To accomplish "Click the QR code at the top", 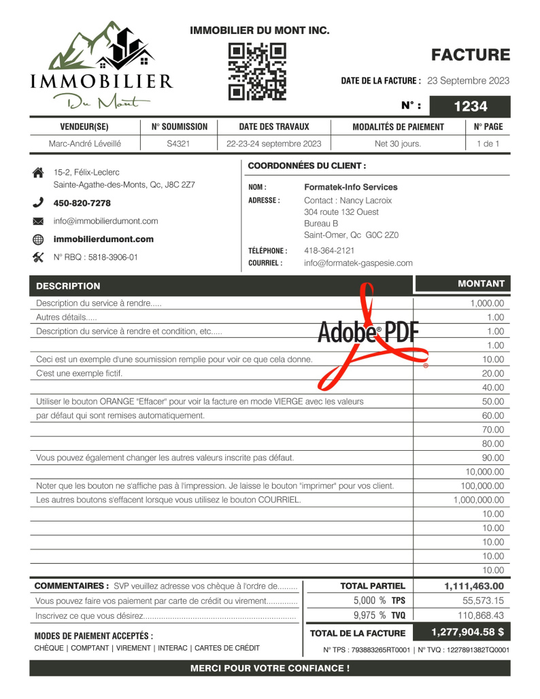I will pos(257,71).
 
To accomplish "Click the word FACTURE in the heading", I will pos(470,55).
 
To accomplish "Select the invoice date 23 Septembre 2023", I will pos(468,80).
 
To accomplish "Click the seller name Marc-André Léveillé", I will pos(84,143).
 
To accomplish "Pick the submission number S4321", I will pos(178,143).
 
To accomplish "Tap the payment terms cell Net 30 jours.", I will pos(398,143).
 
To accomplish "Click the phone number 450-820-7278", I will pos(82,203).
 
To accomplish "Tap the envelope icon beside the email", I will pos(38,221).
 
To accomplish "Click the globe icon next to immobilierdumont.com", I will pos(38,239).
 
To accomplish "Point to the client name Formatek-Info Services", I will pos(350,187).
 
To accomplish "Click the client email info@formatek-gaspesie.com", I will pos(358,262).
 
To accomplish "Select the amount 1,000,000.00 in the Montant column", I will pos(479,500).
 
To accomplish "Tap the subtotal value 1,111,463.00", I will pos(474,585).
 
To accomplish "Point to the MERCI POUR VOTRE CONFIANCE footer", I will pos(270,668).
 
